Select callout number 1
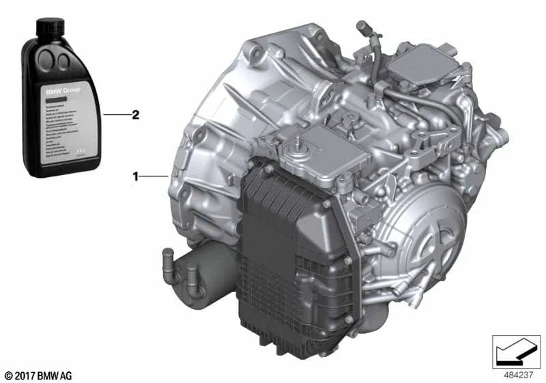(136, 177)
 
